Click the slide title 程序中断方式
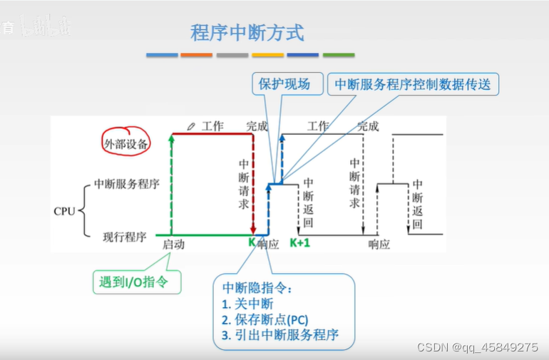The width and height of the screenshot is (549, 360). (x=247, y=33)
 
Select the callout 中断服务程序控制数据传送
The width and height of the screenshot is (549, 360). (x=413, y=84)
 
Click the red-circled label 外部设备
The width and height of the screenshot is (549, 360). (x=125, y=143)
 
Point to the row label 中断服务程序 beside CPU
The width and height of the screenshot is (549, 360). (x=127, y=184)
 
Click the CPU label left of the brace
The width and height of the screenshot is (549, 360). (x=64, y=211)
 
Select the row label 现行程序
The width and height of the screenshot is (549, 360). (x=125, y=236)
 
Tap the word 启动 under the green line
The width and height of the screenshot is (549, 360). (x=173, y=245)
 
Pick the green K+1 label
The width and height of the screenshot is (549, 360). (x=300, y=244)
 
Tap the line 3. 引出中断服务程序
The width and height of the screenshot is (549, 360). (x=280, y=335)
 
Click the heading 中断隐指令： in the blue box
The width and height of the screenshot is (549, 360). (x=257, y=288)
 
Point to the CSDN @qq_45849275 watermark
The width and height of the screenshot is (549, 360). (x=477, y=347)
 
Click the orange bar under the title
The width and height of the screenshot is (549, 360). (x=197, y=55)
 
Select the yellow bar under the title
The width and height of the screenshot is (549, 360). (x=268, y=55)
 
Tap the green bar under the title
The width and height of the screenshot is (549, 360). (x=339, y=55)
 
